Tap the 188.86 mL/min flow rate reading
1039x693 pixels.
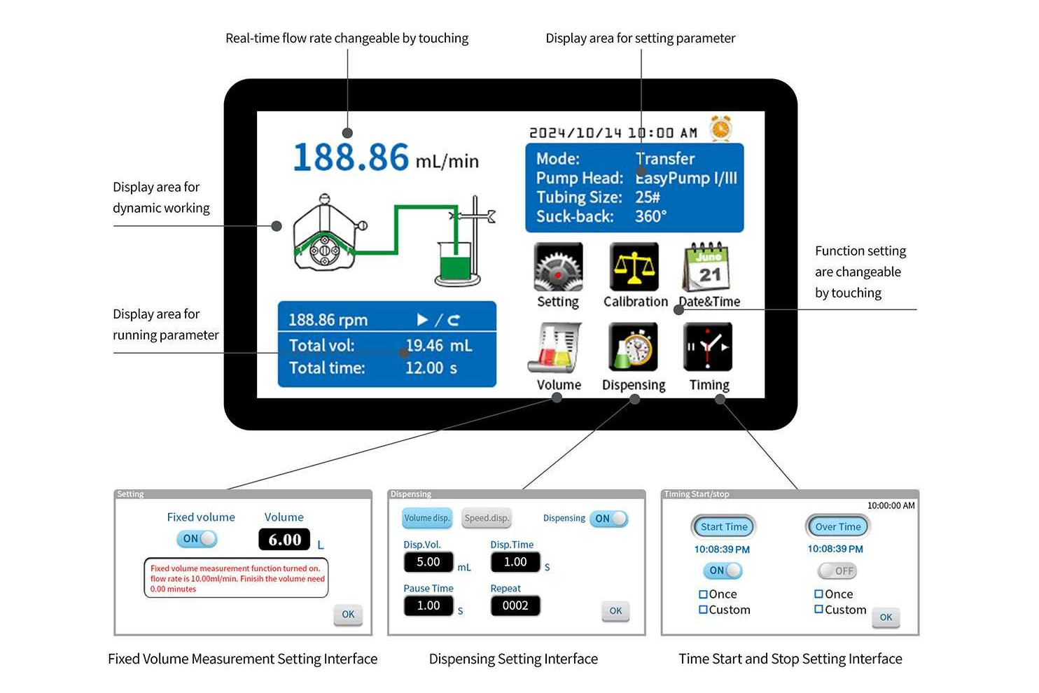click(x=385, y=157)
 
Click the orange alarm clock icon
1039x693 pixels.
click(x=720, y=128)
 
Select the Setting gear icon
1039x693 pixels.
click(x=558, y=267)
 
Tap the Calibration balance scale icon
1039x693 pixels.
click(x=634, y=267)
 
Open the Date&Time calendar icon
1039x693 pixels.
click(x=707, y=267)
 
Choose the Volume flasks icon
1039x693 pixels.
click(x=556, y=348)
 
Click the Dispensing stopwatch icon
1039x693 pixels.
click(x=634, y=347)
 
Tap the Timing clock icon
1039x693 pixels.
click(x=708, y=347)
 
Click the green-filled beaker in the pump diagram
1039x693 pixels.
click(x=454, y=265)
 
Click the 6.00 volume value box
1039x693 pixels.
click(x=284, y=539)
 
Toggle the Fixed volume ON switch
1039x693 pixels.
click(x=197, y=538)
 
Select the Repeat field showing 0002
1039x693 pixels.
click(x=515, y=605)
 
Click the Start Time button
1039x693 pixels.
click(x=724, y=527)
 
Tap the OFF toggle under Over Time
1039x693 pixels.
click(x=837, y=570)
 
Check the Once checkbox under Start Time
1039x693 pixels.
click(x=703, y=594)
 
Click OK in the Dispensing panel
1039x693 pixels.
click(x=615, y=611)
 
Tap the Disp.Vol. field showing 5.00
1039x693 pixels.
click(x=428, y=562)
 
